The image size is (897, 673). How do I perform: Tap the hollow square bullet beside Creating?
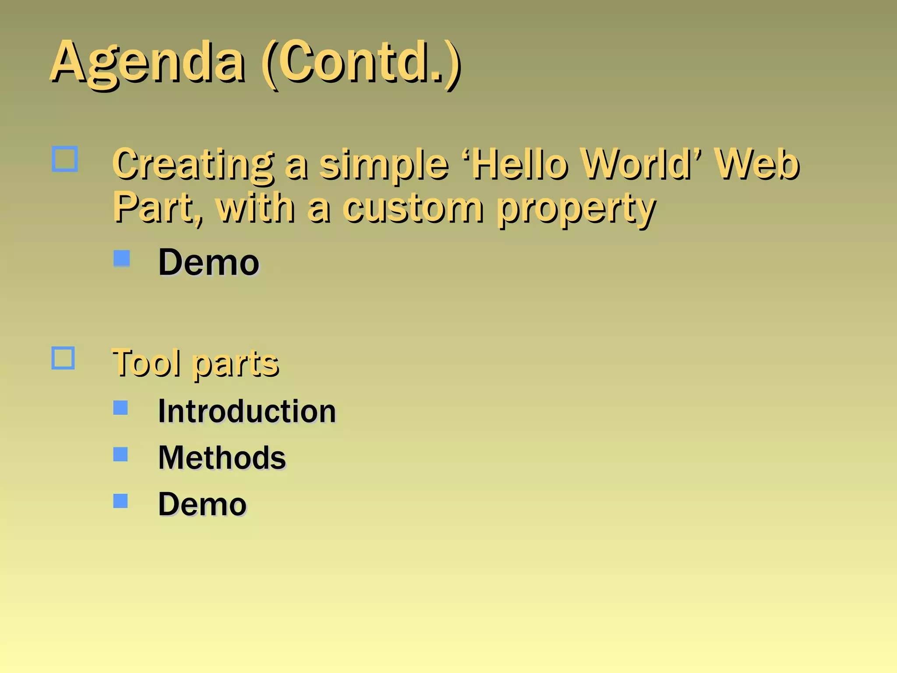coord(65,159)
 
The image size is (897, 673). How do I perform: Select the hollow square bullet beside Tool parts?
coord(63,358)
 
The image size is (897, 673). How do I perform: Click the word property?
coord(576,209)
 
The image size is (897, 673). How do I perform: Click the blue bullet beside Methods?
coord(120,454)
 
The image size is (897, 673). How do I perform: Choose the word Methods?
coord(222,457)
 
